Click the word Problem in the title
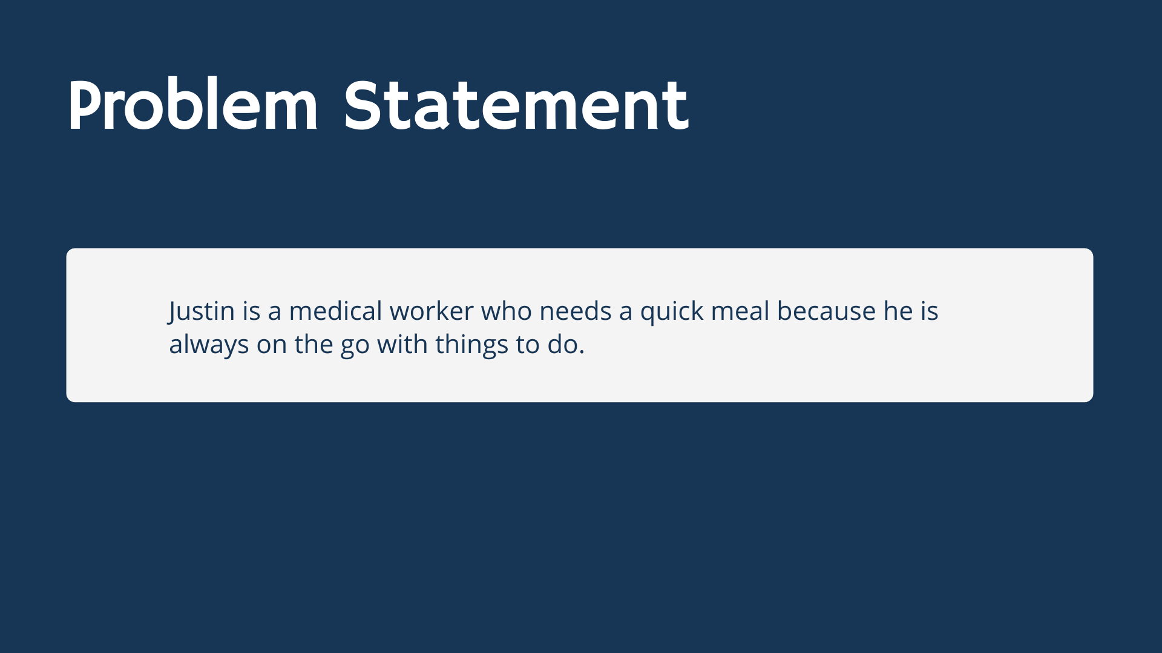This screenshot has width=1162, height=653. pyautogui.click(x=192, y=105)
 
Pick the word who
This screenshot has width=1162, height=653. pyautogui.click(x=507, y=311)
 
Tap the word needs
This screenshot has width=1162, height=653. pyautogui.click(x=576, y=311)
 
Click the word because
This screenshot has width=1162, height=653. pyautogui.click(x=826, y=311)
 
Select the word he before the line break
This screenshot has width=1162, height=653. pyautogui.click(x=898, y=311)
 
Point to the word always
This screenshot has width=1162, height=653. pyautogui.click(x=209, y=345)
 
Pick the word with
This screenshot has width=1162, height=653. pyautogui.click(x=402, y=344)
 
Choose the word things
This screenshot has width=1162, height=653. pyautogui.click(x=471, y=345)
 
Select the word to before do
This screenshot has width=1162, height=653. pyautogui.click(x=528, y=345)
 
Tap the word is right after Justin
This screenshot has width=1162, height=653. pyautogui.click(x=251, y=311)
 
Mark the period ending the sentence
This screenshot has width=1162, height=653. pyautogui.click(x=582, y=353)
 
